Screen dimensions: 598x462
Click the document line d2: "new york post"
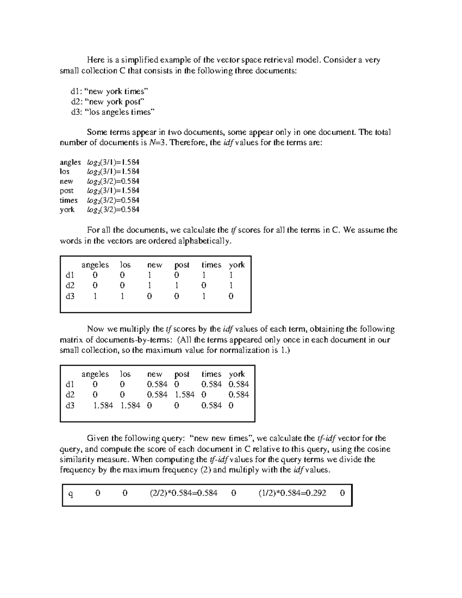click(x=107, y=102)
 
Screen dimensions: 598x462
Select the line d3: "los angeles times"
click(x=112, y=112)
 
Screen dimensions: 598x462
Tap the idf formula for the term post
click(x=113, y=191)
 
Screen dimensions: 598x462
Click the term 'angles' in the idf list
click(x=70, y=162)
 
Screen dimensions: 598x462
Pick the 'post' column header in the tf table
click(x=182, y=265)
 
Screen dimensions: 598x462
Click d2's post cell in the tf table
click(x=176, y=285)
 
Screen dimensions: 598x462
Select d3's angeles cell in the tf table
click(x=95, y=296)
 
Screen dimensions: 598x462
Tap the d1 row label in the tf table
click(x=70, y=275)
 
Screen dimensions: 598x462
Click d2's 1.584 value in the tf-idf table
click(x=184, y=395)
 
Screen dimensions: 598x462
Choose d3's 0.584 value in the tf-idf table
click(x=211, y=405)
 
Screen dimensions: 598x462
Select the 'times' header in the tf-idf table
click(x=211, y=374)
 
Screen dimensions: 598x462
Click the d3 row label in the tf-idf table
click(x=70, y=405)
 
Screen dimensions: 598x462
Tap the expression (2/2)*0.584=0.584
click(x=184, y=493)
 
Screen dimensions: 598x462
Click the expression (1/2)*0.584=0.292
click(x=292, y=493)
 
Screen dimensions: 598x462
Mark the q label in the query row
click(x=70, y=494)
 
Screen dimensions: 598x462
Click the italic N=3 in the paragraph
click(x=158, y=143)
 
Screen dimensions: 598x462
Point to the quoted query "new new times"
click(x=221, y=438)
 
